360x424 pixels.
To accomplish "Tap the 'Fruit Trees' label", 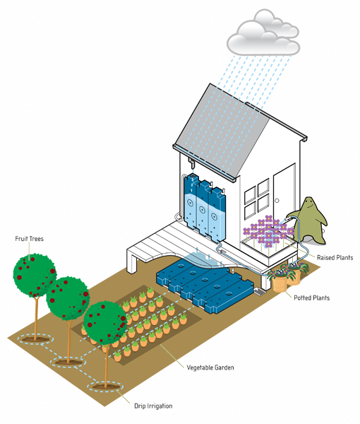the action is (x=29, y=239).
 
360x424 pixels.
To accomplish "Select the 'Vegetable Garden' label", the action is (x=210, y=367).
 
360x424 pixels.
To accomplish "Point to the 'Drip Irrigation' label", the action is (x=153, y=406).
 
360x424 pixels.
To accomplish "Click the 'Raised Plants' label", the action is (x=335, y=258).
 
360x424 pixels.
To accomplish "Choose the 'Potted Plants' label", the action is (x=312, y=298).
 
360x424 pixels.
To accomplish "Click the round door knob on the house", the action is (x=277, y=201).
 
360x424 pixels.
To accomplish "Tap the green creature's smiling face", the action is (x=309, y=205).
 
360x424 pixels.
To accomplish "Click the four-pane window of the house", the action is (x=257, y=199).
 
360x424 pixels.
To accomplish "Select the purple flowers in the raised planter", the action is (x=268, y=231).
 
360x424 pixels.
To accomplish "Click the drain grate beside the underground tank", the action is (x=259, y=292).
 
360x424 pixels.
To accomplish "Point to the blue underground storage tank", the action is (x=205, y=285).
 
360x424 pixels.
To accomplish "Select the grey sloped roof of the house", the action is (x=222, y=133).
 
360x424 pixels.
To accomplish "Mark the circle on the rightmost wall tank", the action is (x=214, y=217).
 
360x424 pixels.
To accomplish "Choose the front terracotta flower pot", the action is (x=280, y=283).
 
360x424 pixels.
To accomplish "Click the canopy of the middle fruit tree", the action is (x=68, y=299).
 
